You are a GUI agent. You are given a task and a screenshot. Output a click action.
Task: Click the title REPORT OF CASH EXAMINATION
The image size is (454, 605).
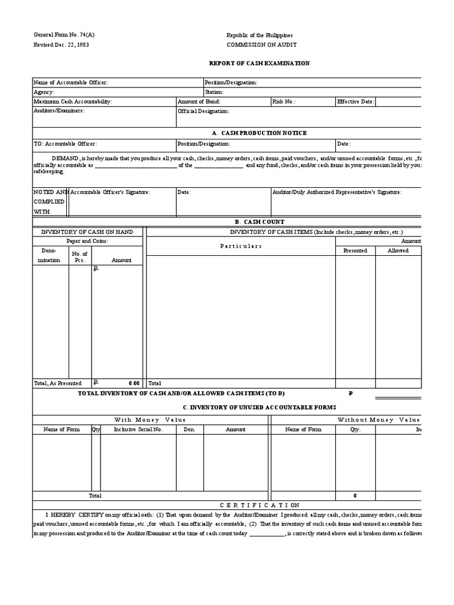[x=260, y=63]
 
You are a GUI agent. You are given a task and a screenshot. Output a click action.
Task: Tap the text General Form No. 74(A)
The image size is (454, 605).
[x=64, y=35]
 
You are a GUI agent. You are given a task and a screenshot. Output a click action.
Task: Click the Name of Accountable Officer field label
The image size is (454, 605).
[x=71, y=83]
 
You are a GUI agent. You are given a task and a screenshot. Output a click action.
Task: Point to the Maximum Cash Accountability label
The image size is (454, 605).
[x=73, y=102]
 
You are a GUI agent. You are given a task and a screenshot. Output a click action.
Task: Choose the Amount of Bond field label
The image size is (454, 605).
[x=199, y=102]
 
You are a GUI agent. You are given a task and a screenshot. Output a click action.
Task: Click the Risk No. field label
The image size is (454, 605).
[x=284, y=102]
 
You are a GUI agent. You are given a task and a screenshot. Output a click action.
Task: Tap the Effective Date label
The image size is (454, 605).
[x=355, y=102]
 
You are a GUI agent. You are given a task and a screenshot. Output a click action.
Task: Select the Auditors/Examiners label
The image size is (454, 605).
[x=59, y=110]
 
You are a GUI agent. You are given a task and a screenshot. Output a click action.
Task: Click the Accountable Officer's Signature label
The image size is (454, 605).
[x=111, y=192]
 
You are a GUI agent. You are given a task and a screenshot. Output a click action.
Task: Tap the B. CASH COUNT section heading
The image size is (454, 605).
[x=260, y=222]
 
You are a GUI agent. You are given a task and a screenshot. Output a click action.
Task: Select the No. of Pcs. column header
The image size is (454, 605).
[x=80, y=257]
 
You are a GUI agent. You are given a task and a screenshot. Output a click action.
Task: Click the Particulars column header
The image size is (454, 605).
[x=241, y=246]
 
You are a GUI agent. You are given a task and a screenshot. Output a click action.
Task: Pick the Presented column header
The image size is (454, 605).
[x=355, y=251]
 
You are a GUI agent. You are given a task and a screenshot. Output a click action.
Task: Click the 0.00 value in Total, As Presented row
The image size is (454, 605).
[x=134, y=383]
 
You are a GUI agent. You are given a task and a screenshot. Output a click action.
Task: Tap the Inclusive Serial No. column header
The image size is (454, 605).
[x=138, y=429]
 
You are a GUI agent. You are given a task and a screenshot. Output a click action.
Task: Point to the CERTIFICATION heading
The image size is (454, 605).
[x=260, y=505]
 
